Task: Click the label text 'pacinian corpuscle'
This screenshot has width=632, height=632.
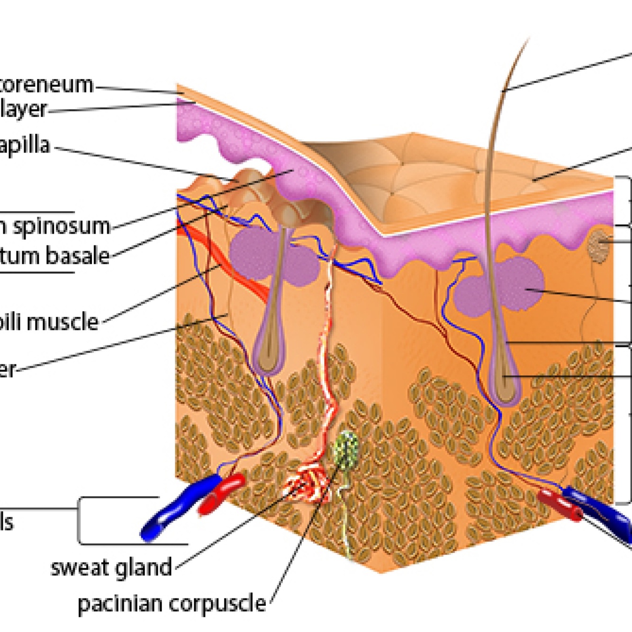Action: [x=172, y=604]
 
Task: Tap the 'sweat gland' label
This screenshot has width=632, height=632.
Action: [x=111, y=567]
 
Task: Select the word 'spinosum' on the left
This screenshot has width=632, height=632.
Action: [x=61, y=226]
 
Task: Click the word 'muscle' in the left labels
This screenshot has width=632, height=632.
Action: [x=68, y=322]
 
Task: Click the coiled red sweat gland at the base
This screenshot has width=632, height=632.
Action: [x=308, y=483]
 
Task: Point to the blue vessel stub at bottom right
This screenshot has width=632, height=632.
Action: [x=602, y=509]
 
